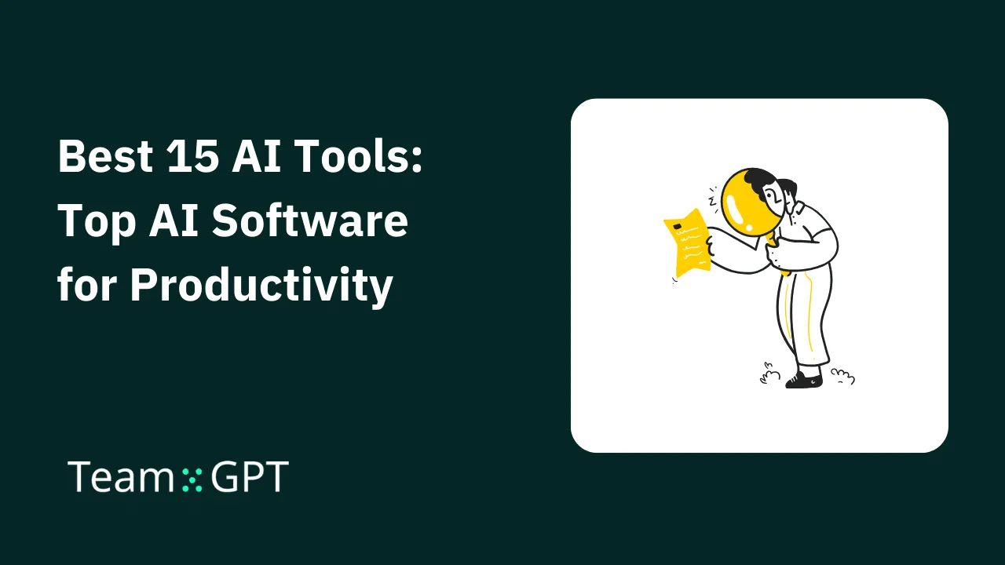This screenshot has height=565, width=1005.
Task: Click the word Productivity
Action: coord(261,286)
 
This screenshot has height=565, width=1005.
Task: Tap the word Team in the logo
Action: coord(120,477)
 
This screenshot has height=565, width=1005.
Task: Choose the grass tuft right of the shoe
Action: coord(842,377)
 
